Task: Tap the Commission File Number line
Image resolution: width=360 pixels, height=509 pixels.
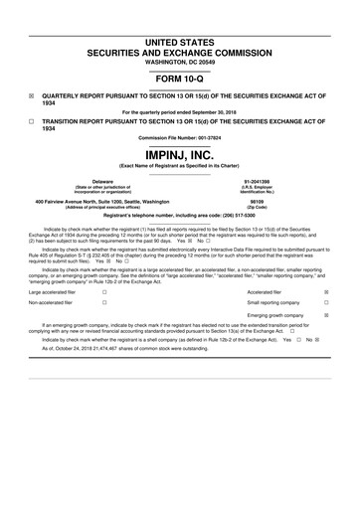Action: click(180, 137)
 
